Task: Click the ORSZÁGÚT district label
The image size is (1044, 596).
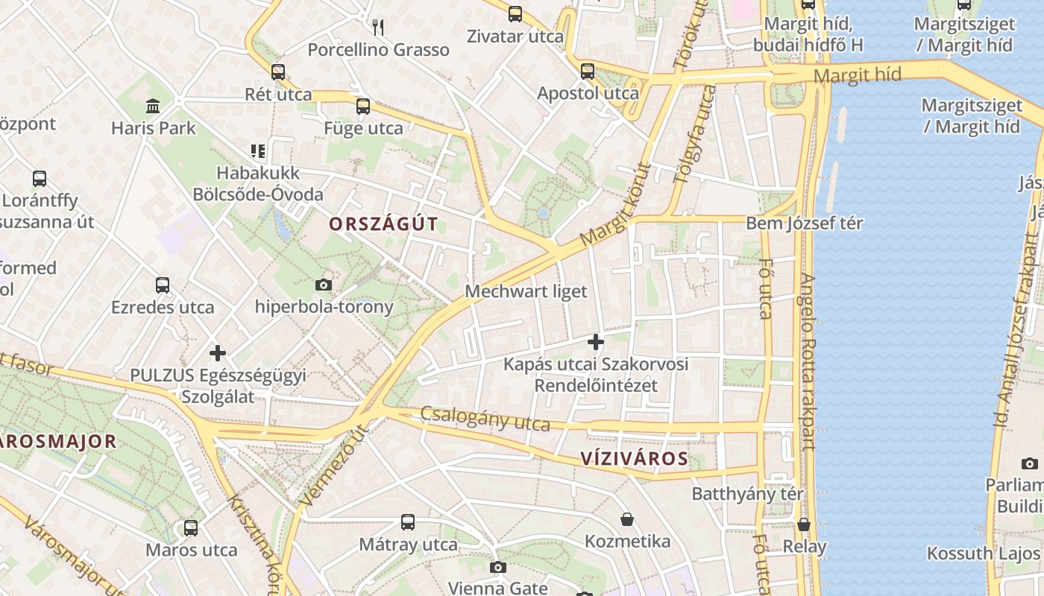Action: pos(383,224)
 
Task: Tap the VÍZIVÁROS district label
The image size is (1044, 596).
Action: pos(635,458)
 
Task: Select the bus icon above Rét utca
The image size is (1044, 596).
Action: pos(278,72)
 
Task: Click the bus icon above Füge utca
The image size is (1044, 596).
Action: pos(363,107)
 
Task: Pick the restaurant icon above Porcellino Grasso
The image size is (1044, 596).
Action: pos(378,28)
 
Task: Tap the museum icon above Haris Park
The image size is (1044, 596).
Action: pos(153,106)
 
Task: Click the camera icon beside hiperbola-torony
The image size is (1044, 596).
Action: pos(324,285)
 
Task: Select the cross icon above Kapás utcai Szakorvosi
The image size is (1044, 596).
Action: pos(595,342)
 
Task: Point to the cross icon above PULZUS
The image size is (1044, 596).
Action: pos(218,352)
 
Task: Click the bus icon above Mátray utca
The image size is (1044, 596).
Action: pos(408,522)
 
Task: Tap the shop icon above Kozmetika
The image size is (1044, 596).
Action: pos(627,519)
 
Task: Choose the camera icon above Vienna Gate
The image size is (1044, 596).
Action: pos(498,567)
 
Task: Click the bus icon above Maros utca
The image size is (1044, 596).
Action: pos(191,528)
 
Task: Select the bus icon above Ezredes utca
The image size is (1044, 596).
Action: pos(163,285)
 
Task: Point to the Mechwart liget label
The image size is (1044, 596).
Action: pos(526,291)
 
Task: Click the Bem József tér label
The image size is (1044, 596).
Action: pos(804,223)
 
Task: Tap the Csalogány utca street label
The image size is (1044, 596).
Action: pos(485,419)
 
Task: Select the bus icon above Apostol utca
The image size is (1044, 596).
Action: pos(588,72)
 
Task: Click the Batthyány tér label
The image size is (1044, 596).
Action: pos(748,494)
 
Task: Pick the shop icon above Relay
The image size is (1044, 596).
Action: pos(804,524)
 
